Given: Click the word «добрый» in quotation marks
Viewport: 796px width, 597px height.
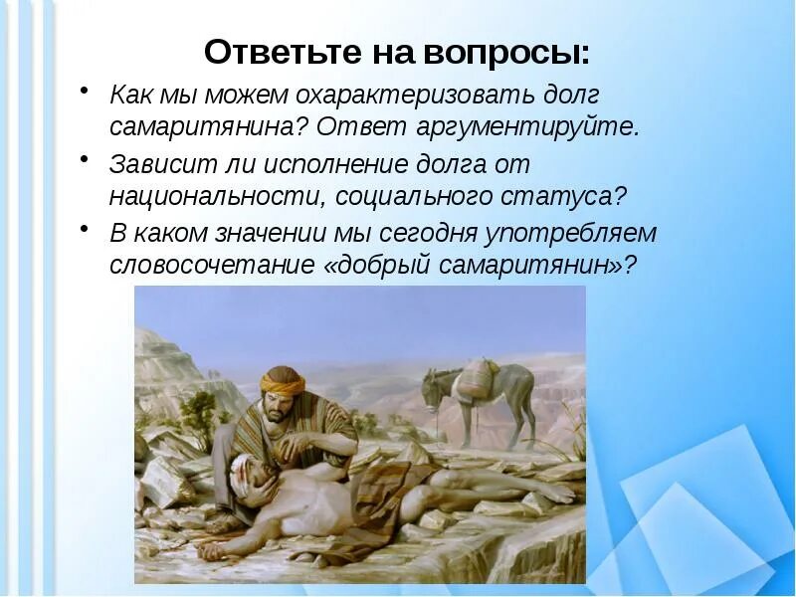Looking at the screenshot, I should coord(373,266).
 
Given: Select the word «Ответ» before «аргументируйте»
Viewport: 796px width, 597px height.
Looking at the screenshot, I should coord(379,128).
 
